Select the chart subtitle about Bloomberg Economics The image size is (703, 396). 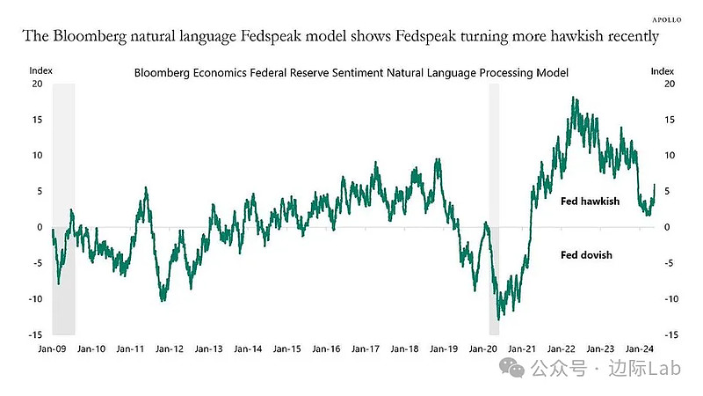(x=351, y=71)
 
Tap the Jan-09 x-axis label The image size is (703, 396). (x=52, y=348)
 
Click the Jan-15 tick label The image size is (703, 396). (x=286, y=348)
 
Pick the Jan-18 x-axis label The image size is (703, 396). (x=402, y=348)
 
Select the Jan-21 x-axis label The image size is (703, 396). (x=520, y=348)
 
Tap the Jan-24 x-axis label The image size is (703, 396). (x=637, y=348)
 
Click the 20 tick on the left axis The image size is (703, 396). (x=37, y=84)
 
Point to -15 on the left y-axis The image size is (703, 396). (x=35, y=334)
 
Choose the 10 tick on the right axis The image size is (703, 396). (x=670, y=155)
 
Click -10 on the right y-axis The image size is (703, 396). (x=670, y=299)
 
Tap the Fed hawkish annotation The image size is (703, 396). (x=591, y=202)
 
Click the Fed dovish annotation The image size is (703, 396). (x=586, y=255)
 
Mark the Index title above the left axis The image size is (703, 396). (x=40, y=69)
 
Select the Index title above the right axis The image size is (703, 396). (x=662, y=69)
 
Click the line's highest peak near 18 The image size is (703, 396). (x=574, y=98)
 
